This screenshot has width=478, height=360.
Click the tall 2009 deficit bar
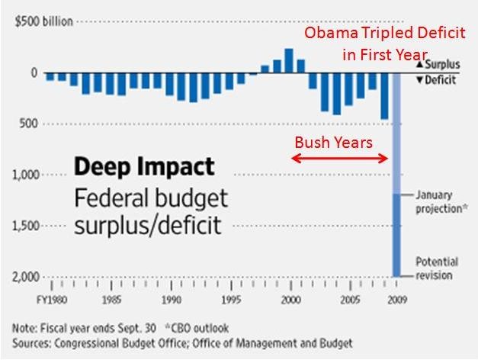(396, 175)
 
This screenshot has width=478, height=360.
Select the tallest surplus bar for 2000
(289, 61)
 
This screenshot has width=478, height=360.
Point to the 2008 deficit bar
(384, 96)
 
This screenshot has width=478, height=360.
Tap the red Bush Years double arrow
(339, 159)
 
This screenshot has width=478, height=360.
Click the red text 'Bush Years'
(333, 143)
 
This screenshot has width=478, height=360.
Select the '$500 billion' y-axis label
(44, 21)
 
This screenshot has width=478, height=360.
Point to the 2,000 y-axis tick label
(26, 277)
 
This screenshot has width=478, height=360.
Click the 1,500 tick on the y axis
(26, 226)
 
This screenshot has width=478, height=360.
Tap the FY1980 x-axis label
(52, 300)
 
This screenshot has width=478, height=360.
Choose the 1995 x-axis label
(231, 300)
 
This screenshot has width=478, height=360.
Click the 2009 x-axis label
(397, 300)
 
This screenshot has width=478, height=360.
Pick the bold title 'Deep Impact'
(144, 167)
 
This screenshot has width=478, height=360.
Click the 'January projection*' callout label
(441, 201)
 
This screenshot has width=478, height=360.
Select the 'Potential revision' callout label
(437, 268)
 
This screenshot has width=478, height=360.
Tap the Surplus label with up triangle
(438, 64)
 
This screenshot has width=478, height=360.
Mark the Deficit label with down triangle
(436, 80)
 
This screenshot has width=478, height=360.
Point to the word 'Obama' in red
(332, 33)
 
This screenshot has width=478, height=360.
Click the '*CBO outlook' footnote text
(197, 328)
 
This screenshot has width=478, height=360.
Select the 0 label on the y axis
(34, 73)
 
